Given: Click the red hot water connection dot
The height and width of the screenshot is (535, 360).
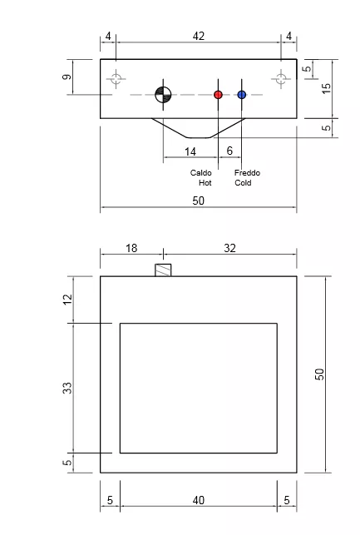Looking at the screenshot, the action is click(x=218, y=95).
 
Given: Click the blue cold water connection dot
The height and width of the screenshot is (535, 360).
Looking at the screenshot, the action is click(x=242, y=95).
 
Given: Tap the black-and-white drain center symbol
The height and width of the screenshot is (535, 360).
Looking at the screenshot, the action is click(x=163, y=95).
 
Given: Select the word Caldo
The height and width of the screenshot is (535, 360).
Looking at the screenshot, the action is click(x=201, y=172).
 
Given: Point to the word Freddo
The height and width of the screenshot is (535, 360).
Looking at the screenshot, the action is click(x=247, y=172).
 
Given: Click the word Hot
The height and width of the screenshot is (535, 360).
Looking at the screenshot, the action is click(x=205, y=182).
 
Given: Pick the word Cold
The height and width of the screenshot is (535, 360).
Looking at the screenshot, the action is click(x=243, y=182).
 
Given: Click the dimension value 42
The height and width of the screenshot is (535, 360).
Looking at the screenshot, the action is click(x=199, y=36).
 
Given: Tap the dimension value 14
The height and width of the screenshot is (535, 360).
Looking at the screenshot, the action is click(x=190, y=151).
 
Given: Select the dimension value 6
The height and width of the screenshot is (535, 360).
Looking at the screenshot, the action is click(x=229, y=151).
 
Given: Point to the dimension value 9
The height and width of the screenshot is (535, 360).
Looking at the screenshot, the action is click(x=67, y=77).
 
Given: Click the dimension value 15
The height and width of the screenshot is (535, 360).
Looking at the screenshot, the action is click(x=326, y=88).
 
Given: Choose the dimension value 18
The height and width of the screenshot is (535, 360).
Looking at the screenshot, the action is click(x=131, y=248).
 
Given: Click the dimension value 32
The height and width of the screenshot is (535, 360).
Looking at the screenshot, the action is click(x=229, y=248).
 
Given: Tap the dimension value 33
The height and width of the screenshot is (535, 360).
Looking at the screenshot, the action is click(x=67, y=388).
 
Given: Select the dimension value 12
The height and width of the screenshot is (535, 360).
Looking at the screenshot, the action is click(x=67, y=299).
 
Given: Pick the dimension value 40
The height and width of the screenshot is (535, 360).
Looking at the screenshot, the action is click(x=199, y=500).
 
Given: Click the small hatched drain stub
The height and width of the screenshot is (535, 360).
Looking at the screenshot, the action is click(x=163, y=270).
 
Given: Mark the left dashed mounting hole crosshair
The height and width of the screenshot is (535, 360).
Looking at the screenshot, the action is click(x=116, y=79).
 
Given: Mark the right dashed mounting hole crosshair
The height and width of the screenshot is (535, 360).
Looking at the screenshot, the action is click(x=281, y=79).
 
